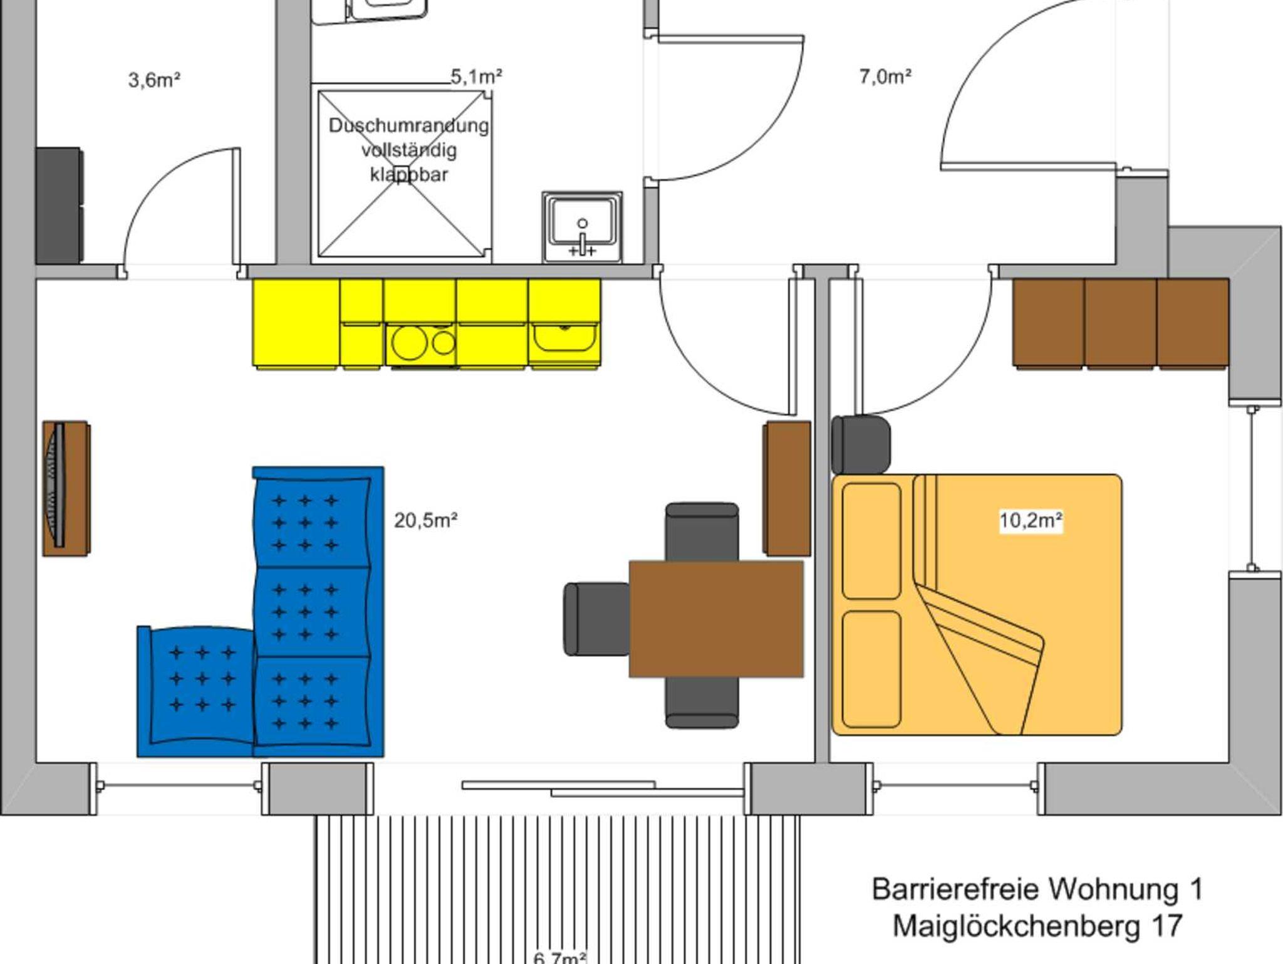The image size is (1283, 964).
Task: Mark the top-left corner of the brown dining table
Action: tap(630, 562)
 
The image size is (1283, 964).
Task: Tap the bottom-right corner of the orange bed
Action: tap(1121, 734)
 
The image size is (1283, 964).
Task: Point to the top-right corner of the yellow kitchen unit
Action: tap(600, 280)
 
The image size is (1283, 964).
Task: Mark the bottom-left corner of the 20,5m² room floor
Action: tap(36, 762)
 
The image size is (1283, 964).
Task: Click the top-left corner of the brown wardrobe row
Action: tap(1014, 280)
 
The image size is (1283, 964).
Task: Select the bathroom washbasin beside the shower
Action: tap(582, 227)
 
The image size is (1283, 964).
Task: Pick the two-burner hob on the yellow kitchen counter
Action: tap(421, 343)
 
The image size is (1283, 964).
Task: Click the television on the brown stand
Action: tap(58, 485)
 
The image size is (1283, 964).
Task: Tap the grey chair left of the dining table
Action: tap(596, 619)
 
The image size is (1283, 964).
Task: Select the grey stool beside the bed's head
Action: tap(861, 444)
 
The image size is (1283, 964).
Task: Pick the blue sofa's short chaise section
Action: tap(195, 691)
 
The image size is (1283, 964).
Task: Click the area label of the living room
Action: tap(426, 520)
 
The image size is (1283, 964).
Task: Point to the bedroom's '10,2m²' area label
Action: tap(1031, 520)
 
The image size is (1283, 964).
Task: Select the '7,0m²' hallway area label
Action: tap(885, 77)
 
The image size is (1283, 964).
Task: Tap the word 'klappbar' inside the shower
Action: tap(409, 174)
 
